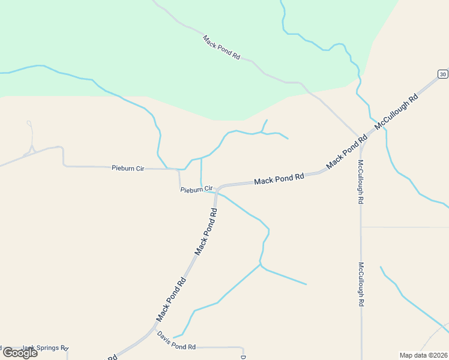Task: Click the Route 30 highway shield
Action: point(442,74)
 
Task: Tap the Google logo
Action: point(19,352)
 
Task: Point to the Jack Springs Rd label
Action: point(45,348)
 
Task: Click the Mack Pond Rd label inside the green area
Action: point(221,47)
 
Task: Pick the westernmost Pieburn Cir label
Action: point(128,169)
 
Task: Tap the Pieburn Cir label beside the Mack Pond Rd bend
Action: point(197,190)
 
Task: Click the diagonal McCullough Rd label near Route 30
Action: point(396,112)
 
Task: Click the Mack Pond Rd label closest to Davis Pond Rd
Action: point(172,298)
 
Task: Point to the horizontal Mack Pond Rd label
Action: point(279,179)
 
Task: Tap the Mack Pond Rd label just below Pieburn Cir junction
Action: point(206,231)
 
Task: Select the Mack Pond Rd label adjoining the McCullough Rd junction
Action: point(346,152)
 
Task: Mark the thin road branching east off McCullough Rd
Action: point(405,227)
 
